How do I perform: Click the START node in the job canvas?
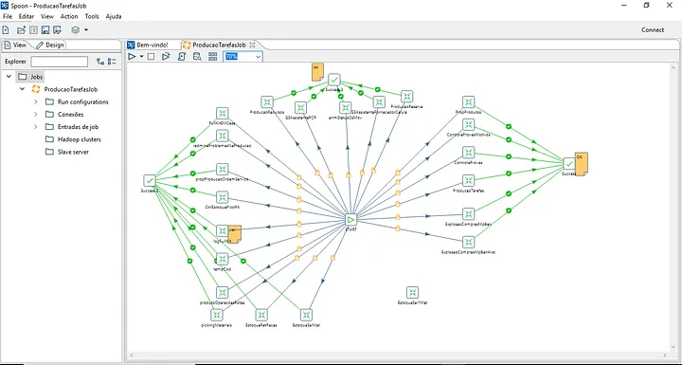tap(350, 219)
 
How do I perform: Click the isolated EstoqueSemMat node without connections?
tap(412, 293)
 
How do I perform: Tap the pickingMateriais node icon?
tap(216, 314)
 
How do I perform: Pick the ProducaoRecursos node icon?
tap(267, 100)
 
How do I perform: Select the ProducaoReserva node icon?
tap(406, 96)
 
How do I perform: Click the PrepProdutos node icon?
tap(468, 101)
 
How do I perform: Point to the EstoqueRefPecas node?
tap(260, 314)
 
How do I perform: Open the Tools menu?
tap(91, 17)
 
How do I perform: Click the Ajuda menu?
tap(114, 17)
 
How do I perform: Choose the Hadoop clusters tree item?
tap(80, 139)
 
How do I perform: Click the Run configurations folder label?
tap(82, 101)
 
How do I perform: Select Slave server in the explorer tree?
tap(73, 152)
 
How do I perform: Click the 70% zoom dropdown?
tap(242, 57)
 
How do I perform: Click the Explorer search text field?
tap(59, 62)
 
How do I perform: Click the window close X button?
tap(669, 6)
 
